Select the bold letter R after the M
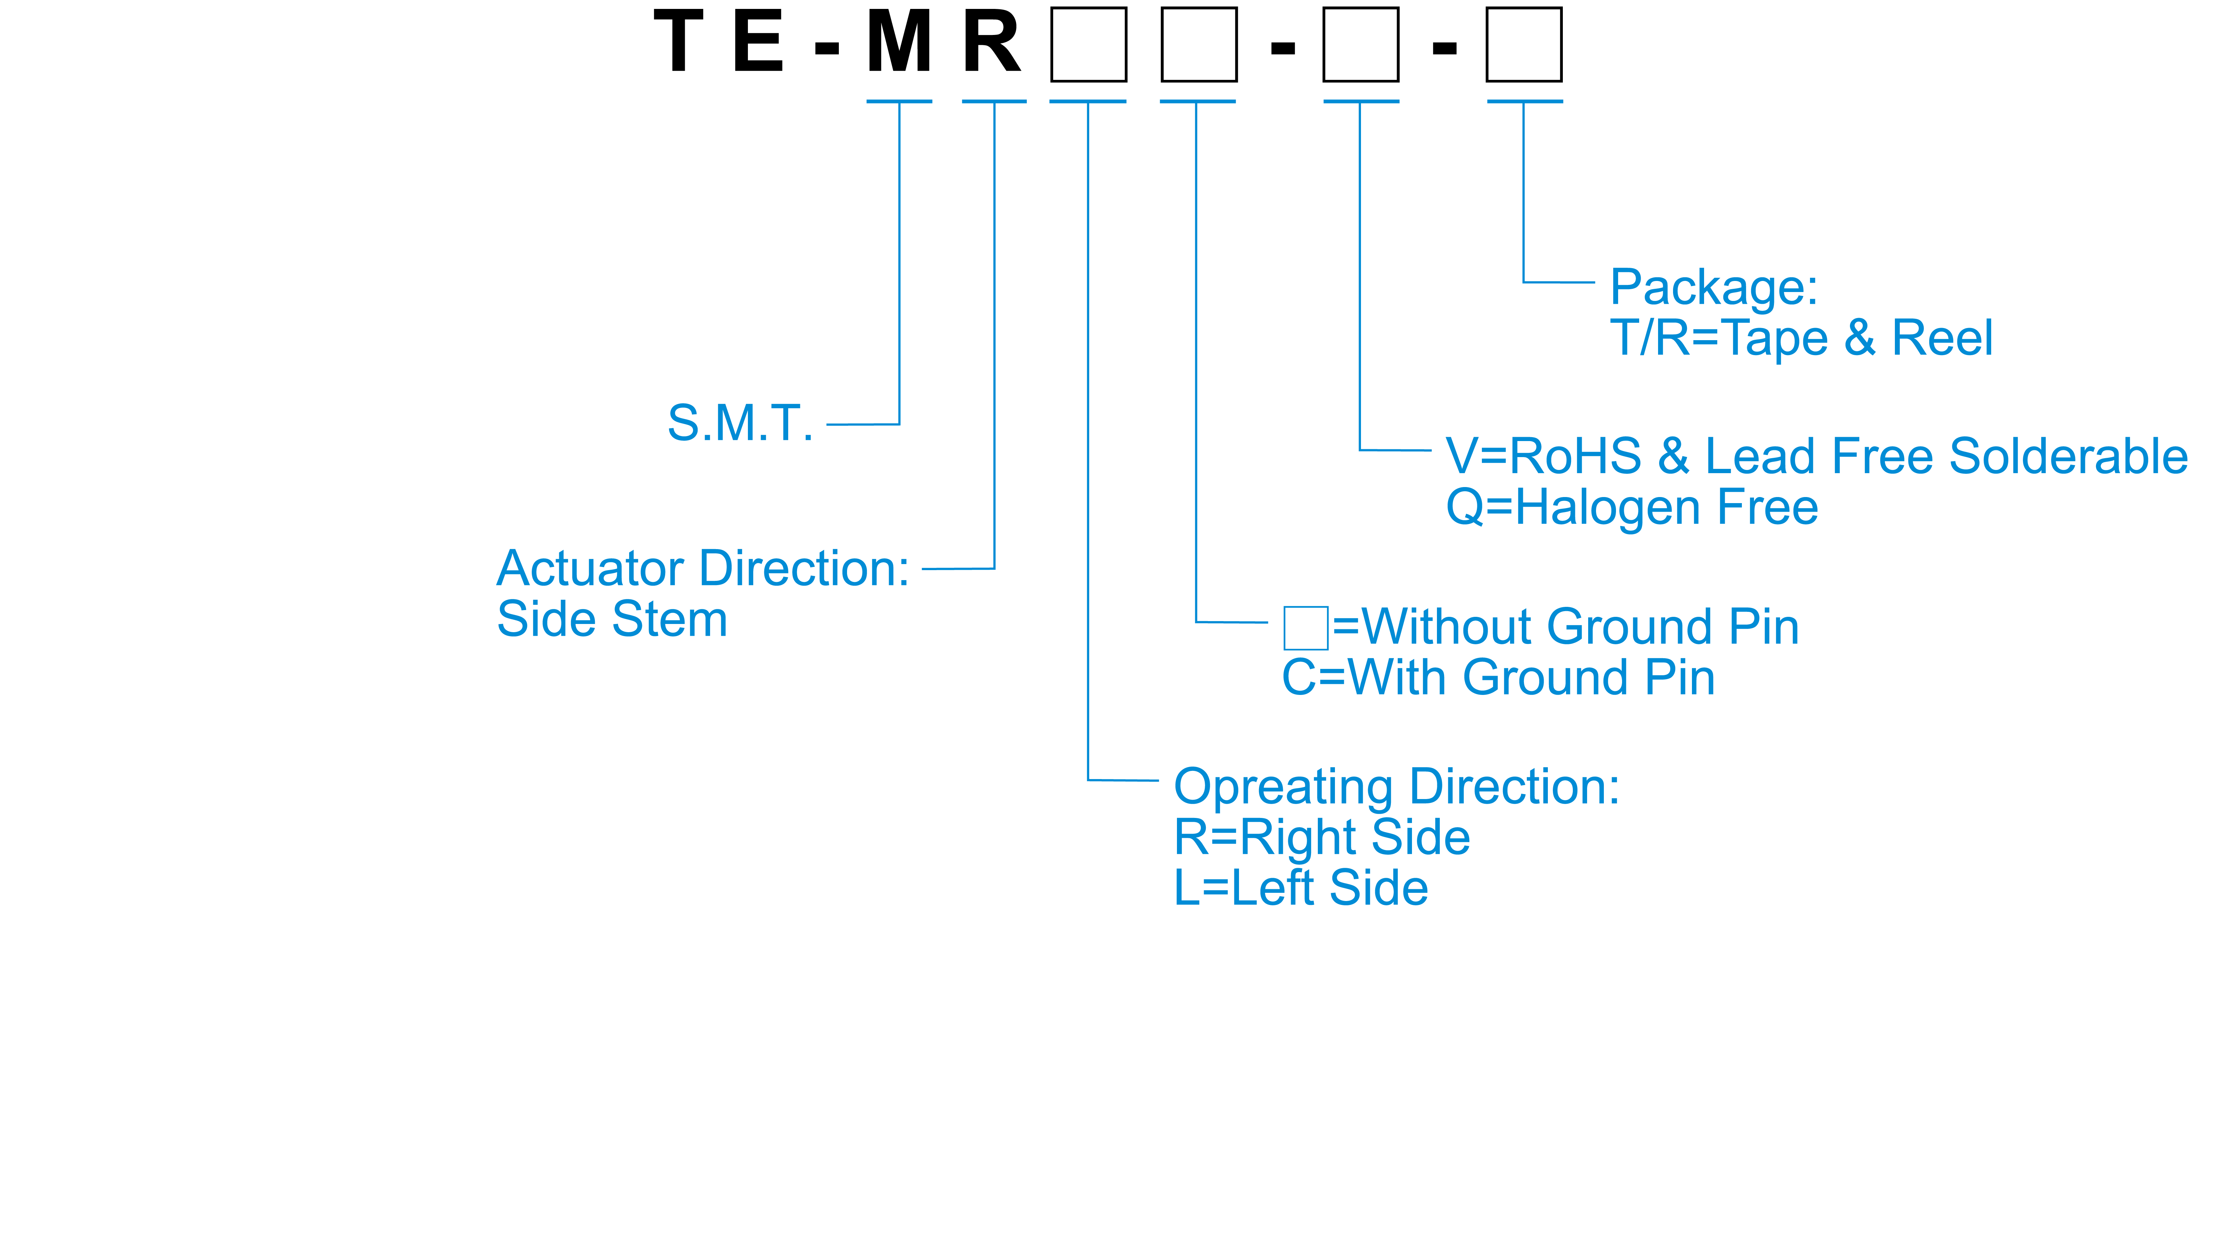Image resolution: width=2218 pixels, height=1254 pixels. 992,43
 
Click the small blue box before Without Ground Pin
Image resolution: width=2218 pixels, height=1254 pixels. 1305,628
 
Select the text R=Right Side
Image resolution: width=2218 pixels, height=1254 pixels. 1322,838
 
